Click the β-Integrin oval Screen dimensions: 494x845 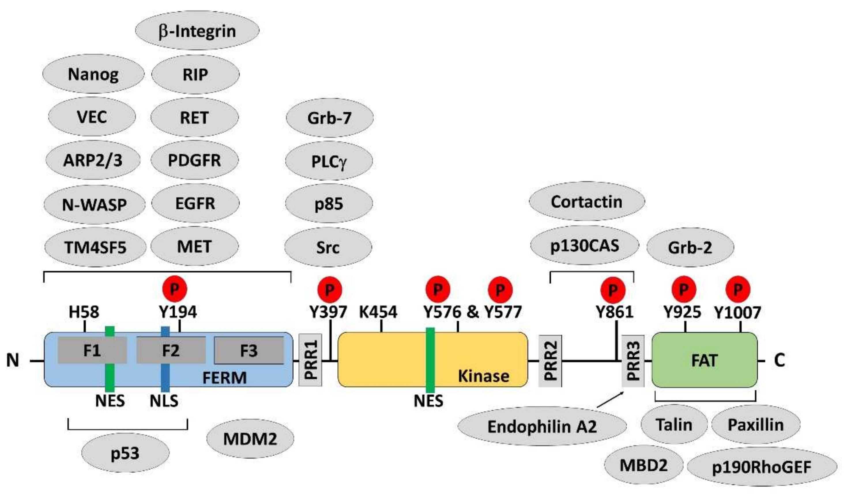pos(197,31)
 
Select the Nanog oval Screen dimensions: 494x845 pos(93,74)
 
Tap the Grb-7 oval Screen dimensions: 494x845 pos(329,118)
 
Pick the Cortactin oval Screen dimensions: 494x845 pos(586,202)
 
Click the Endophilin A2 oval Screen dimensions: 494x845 pos(542,427)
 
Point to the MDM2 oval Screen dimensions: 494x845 pos(250,439)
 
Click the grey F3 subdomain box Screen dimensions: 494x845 pos(249,350)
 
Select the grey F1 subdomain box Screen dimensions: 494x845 pos(92,350)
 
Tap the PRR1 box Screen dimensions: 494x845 pos(310,360)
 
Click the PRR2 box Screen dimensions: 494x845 pos(550,360)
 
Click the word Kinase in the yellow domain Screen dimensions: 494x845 pos(483,376)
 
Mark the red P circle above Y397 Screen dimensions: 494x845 pos(330,289)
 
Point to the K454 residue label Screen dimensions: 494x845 pos(378,312)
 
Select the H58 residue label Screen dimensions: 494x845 pos(84,312)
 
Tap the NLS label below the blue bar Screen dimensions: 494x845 pos(164,401)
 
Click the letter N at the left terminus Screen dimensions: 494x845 pos(13,360)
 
